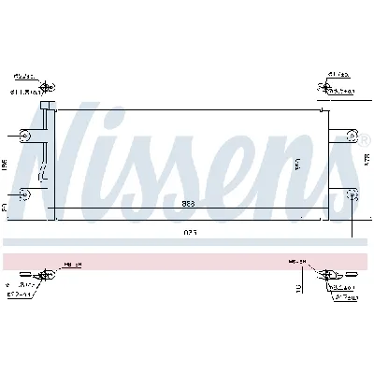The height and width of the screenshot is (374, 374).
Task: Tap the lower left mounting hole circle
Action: [x=25, y=194]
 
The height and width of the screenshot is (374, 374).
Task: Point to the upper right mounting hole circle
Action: [x=353, y=137]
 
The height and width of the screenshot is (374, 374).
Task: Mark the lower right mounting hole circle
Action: [x=353, y=194]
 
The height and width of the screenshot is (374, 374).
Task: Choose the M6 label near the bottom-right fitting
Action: [x=294, y=264]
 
